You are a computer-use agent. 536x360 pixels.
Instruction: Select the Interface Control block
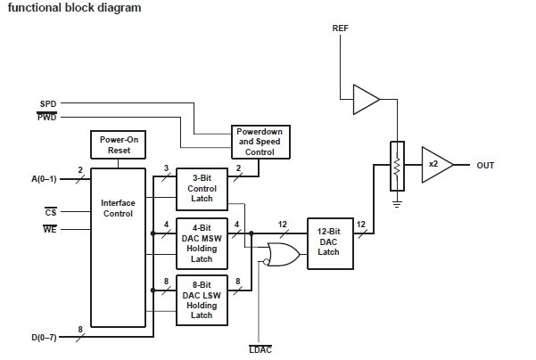pos(118,209)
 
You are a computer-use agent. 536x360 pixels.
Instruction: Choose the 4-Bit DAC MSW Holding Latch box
pos(202,242)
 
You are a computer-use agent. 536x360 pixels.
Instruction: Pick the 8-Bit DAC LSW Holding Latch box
pos(202,299)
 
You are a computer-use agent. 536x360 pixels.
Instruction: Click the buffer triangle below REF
pos(366,99)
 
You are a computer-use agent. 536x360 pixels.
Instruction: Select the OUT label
pos(485,165)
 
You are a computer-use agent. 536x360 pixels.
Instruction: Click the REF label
pos(341,29)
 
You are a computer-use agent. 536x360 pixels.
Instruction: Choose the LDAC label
pos(259,347)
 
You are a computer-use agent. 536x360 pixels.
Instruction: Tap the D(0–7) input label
pos(45,336)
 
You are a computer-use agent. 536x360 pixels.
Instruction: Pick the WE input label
pos(50,230)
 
